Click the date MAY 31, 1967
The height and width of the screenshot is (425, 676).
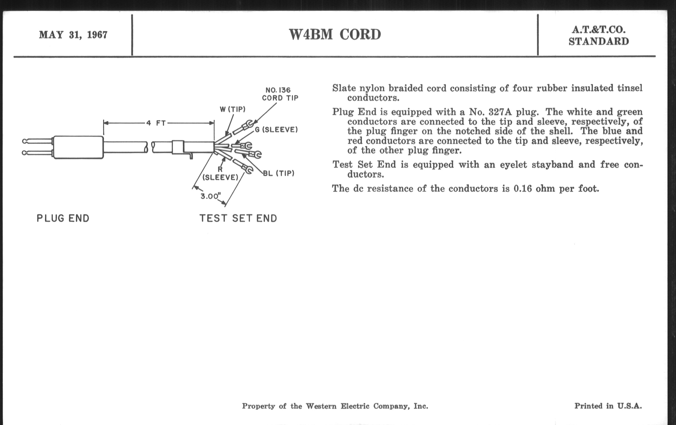[x=73, y=35]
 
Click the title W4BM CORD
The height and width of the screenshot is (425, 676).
[x=335, y=34]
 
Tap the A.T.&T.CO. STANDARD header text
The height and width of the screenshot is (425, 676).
[x=598, y=36]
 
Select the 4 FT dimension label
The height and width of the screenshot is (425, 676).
[x=156, y=123]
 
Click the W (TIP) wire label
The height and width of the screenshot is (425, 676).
[x=232, y=109]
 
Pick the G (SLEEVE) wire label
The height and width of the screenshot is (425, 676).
[x=276, y=130]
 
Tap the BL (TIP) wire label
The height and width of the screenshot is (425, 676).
[x=279, y=173]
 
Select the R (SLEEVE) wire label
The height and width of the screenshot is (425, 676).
[x=220, y=174]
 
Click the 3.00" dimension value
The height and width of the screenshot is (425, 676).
[x=209, y=196]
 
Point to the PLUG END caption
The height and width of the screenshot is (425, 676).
[x=63, y=218]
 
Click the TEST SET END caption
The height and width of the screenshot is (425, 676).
[x=238, y=218]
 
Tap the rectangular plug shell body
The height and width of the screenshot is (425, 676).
[x=78, y=147]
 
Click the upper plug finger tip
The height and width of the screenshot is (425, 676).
[x=25, y=141]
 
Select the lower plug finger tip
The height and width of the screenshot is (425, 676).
[x=25, y=153]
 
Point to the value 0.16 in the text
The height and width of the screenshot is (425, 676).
[x=523, y=189]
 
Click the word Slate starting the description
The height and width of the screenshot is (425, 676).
[x=344, y=88]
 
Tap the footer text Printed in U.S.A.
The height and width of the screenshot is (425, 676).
[x=608, y=406]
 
